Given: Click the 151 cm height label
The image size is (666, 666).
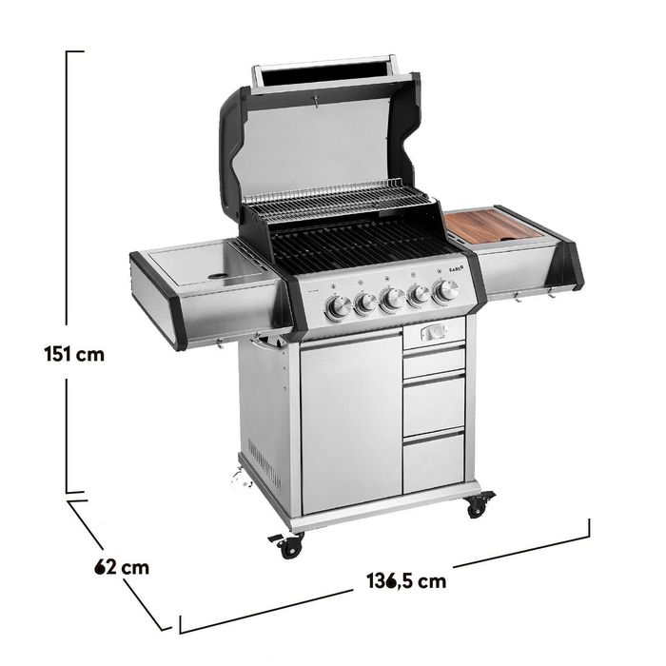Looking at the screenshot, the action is [74, 354].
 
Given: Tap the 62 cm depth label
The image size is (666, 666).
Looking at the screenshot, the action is [122, 567].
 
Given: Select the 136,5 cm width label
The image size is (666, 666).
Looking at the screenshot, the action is [406, 581].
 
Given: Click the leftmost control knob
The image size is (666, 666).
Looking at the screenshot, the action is [338, 307].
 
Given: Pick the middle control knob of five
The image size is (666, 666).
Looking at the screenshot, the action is [392, 299].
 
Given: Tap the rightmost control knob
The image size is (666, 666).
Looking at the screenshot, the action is [445, 291].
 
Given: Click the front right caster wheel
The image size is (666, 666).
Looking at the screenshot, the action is [479, 505].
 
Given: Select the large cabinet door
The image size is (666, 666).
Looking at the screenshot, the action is [351, 421].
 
